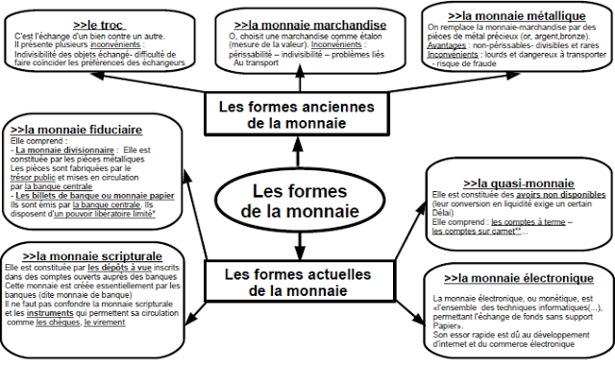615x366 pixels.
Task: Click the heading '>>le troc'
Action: pyautogui.click(x=100, y=23)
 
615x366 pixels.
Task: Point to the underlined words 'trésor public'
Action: pyautogui.click(x=37, y=177)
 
